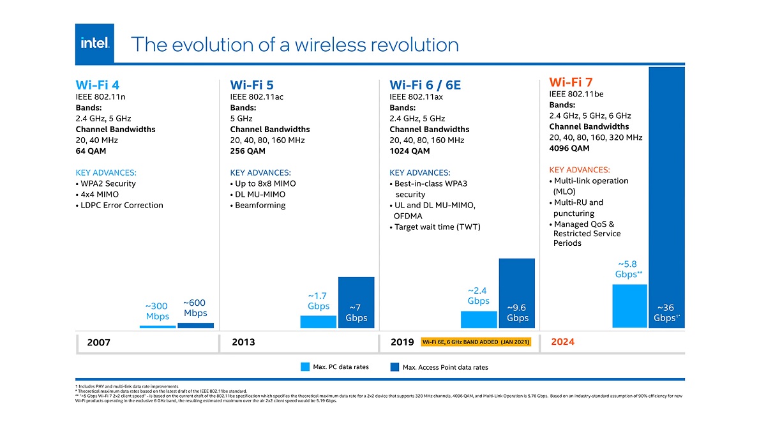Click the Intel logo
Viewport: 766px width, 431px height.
tap(94, 44)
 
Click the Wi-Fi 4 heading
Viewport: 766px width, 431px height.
tap(97, 84)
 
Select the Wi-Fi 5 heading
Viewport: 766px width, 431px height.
tap(252, 84)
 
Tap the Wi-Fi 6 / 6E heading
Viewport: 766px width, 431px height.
tap(426, 84)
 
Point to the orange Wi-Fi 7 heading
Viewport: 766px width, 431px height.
tap(571, 82)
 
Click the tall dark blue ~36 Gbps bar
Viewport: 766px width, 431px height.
tap(666, 192)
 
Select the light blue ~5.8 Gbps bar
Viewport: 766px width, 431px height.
tap(629, 306)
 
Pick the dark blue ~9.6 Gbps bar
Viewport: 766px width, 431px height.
tap(516, 294)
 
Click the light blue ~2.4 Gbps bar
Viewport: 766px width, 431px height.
tap(478, 320)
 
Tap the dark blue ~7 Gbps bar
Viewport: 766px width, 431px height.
tap(356, 303)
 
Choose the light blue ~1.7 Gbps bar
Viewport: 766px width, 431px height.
tap(318, 322)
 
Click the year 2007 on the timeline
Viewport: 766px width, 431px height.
tap(98, 343)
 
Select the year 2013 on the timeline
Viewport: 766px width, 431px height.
tap(243, 342)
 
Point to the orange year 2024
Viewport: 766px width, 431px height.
tap(562, 342)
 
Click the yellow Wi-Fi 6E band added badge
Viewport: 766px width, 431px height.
tap(476, 342)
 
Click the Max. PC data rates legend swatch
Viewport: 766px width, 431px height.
tap(304, 367)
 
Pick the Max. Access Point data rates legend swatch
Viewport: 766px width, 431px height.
tap(394, 367)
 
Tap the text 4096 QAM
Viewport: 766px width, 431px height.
tap(569, 148)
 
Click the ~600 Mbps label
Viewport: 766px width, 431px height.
tap(195, 308)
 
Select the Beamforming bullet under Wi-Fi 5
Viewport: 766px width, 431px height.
tap(260, 205)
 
